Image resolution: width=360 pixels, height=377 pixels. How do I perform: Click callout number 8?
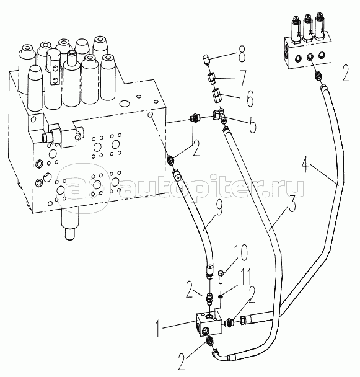(x=241, y=53)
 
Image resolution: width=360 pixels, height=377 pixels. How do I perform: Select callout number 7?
(x=243, y=78)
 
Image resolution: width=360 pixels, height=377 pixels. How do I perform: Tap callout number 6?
(x=249, y=99)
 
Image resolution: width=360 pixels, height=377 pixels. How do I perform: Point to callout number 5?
(x=252, y=125)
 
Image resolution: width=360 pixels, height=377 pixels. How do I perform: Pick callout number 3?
(x=291, y=203)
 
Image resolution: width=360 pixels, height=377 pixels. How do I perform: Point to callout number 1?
(x=157, y=329)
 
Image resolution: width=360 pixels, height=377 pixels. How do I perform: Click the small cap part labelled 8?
(x=206, y=59)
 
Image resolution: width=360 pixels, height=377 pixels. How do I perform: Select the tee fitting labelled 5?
(x=219, y=115)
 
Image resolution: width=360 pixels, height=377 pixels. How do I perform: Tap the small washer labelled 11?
(x=221, y=298)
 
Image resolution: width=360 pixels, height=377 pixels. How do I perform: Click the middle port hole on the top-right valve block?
(x=309, y=57)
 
